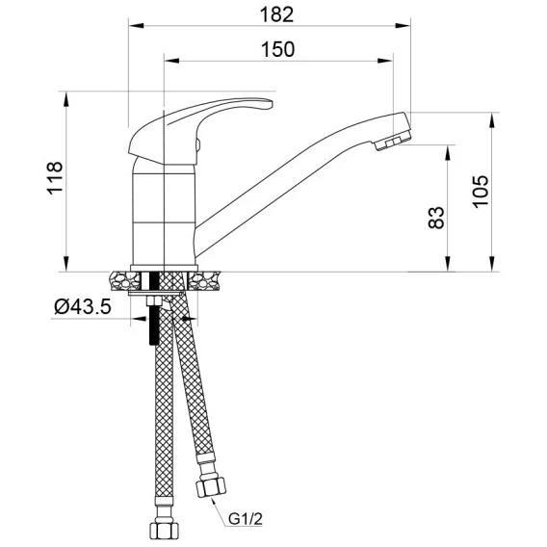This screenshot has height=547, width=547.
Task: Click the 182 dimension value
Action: pos(276,15)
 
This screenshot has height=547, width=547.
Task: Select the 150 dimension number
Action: pos(278,49)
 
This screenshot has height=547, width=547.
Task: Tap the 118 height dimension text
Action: pos(55,178)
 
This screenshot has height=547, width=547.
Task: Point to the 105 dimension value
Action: pos(481,192)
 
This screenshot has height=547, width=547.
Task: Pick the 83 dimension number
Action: pos(436,218)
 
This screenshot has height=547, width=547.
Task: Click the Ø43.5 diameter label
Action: pos(83,306)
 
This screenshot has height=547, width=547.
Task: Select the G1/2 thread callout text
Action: pos(246,519)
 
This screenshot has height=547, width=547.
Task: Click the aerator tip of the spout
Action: pos(394,141)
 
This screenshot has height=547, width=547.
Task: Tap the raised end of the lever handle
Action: pos(266,105)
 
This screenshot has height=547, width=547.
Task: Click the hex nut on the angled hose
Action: pos(211,486)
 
